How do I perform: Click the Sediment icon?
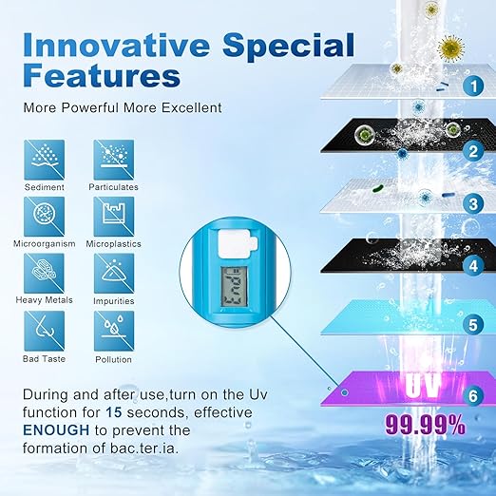44,159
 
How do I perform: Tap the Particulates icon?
114,159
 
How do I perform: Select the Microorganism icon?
44,216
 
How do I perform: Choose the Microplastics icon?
114,216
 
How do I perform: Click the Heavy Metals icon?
44,273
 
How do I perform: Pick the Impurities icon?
114,273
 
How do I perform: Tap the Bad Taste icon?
44,331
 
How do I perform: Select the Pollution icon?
114,331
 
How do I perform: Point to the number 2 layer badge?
471,149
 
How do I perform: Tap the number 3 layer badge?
471,203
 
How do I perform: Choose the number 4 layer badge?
471,267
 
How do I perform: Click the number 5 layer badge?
471,324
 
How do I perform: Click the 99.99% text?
424,426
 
